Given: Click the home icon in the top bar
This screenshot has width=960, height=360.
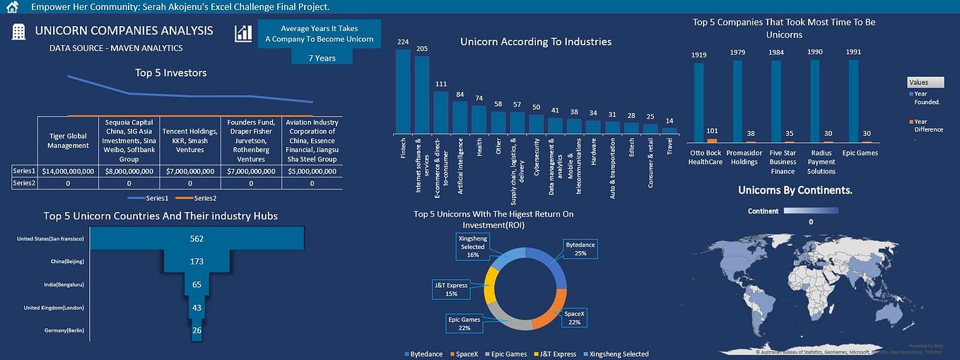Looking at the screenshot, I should click(11, 7).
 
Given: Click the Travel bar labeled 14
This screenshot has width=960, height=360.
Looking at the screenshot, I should click(669, 130).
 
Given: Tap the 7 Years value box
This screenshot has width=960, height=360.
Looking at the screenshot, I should click(322, 58).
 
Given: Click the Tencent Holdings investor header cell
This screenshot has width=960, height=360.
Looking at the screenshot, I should click(190, 140).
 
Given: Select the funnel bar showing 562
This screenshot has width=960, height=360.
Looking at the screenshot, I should click(198, 238).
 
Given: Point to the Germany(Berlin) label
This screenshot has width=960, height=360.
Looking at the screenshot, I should click(54, 330).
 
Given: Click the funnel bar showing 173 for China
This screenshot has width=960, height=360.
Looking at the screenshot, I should click(197, 262).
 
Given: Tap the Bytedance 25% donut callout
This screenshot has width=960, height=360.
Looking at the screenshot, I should click(580, 249).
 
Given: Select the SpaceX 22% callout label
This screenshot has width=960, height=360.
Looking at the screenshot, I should click(575, 318).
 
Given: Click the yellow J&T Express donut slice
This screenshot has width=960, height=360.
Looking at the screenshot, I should click(491, 291).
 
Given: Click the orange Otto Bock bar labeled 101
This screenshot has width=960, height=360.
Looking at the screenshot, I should click(711, 141).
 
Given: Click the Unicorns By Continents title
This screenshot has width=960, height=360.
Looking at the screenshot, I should click(795, 190).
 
